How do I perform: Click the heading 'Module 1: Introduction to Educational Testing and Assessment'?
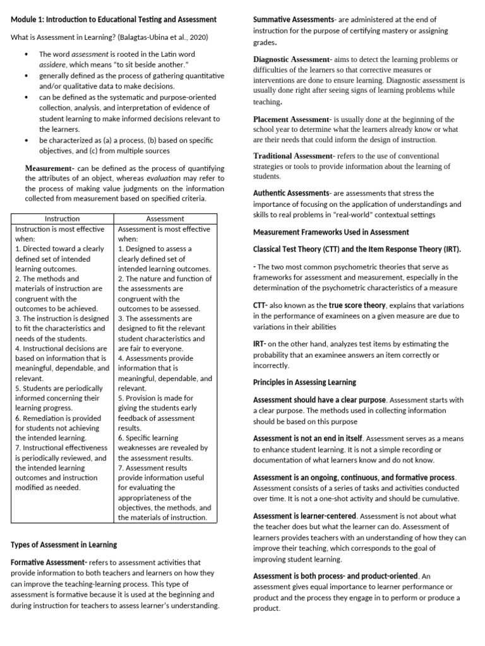coord(114,20)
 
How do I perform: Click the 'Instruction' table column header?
coord(63,218)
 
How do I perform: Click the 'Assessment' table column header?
coord(165,218)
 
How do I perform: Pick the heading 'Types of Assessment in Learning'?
coord(64,544)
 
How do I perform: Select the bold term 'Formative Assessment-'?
coord(49,562)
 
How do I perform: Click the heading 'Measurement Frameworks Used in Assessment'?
coord(331,232)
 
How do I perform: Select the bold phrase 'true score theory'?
coord(357,305)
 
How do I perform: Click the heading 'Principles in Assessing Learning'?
coord(304,382)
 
